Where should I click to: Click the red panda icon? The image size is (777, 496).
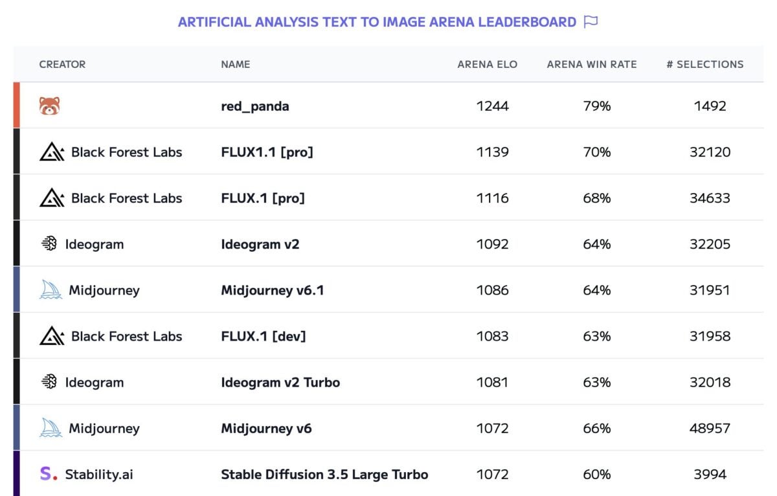coord(49,106)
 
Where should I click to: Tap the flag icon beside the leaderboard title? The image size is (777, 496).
coord(590,22)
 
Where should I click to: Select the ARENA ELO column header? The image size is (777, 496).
coord(487,64)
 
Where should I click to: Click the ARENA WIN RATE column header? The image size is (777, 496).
coord(592,64)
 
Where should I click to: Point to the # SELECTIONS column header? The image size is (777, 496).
coord(705,64)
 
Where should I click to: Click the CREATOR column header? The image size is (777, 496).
coord(62,64)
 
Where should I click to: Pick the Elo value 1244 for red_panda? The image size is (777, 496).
coord(493,106)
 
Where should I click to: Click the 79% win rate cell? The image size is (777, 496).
coord(597,106)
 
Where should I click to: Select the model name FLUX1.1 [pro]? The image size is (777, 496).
coord(267,152)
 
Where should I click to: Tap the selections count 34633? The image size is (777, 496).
coord(710,198)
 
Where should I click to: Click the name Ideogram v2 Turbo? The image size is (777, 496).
coord(280,382)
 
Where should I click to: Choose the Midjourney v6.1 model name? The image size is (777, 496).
coord(273,290)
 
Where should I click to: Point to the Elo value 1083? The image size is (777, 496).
coord(493,336)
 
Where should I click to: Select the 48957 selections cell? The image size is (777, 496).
coord(710,428)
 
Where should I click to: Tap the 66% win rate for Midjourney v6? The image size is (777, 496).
coord(597,428)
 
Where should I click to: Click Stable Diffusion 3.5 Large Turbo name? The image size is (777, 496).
coord(324,474)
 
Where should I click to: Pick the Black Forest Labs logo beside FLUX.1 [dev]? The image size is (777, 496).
coord(52,336)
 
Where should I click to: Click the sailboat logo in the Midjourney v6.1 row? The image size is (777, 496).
coord(51,290)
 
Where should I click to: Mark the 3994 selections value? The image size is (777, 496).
coord(710,474)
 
